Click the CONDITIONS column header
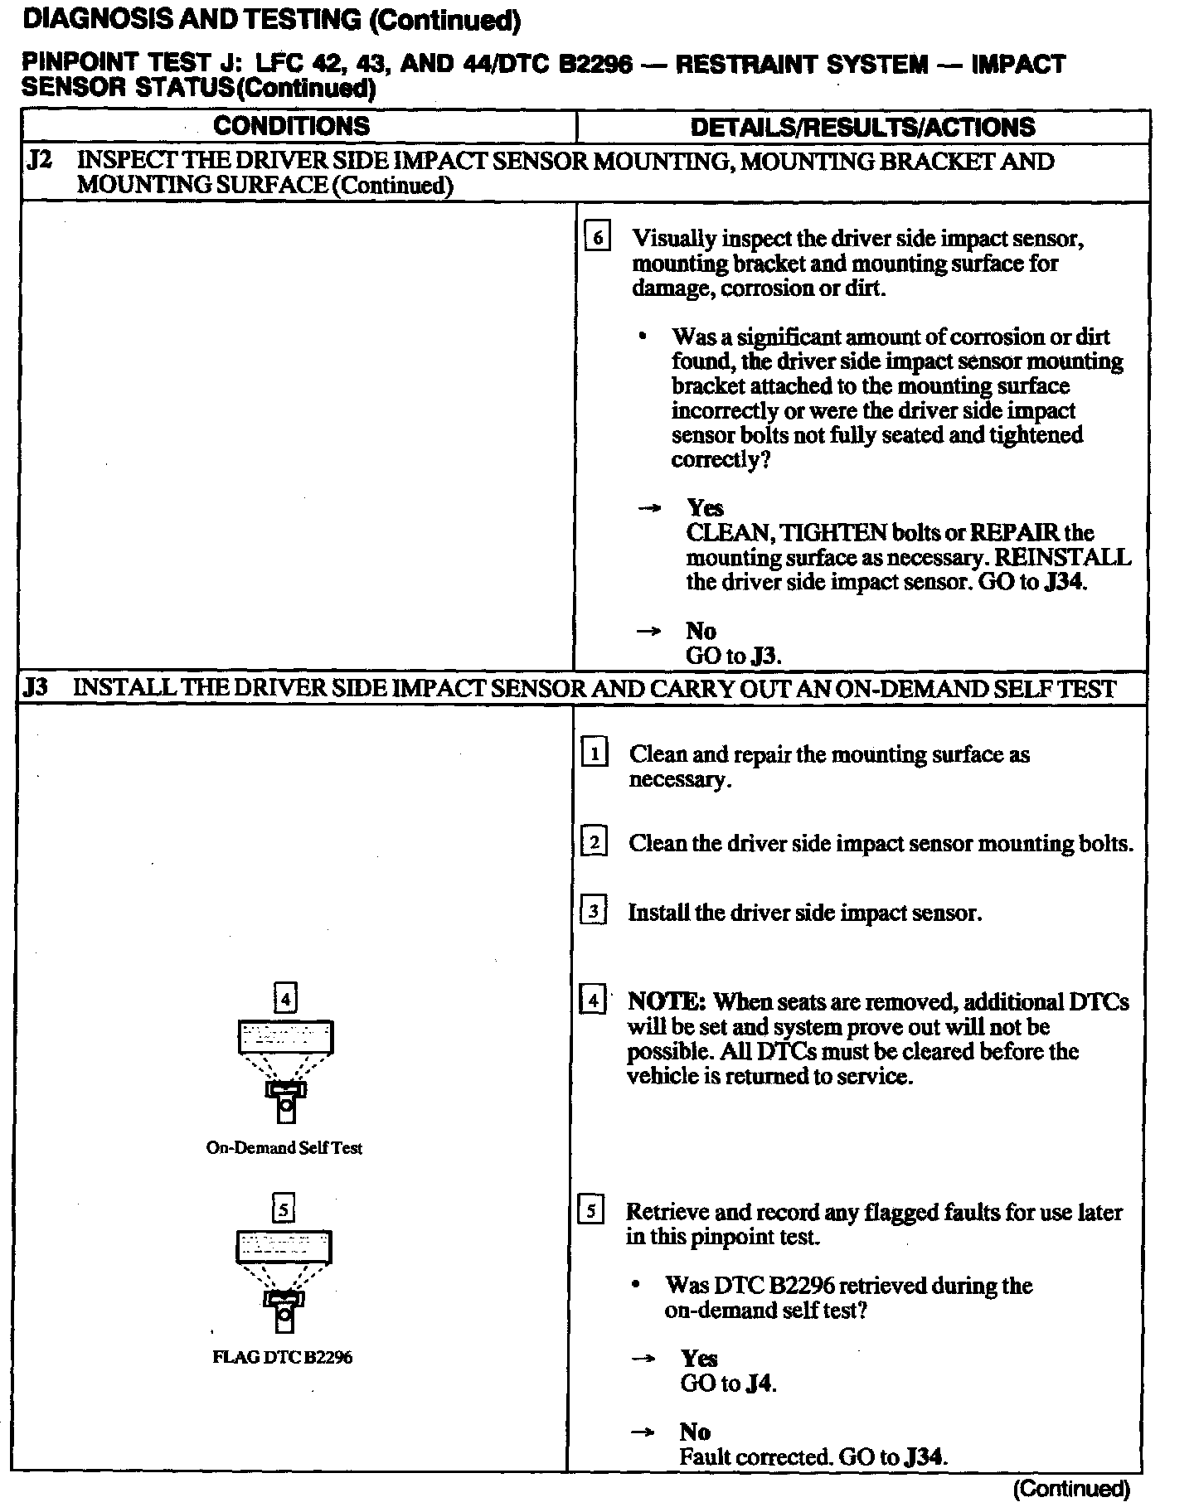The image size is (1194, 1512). tap(291, 126)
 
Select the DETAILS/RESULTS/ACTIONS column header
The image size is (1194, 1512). tap(862, 127)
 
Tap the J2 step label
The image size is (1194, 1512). tap(39, 160)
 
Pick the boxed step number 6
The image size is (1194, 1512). tap(598, 239)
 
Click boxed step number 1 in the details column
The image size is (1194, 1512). tap(595, 754)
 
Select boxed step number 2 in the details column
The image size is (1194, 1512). tap(595, 843)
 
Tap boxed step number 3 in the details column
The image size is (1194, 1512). tap(594, 912)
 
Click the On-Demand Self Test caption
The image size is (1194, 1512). tap(284, 1148)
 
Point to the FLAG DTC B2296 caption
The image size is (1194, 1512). tap(283, 1358)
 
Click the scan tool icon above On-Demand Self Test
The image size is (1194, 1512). tap(285, 1069)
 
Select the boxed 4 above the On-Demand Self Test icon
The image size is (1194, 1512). tap(284, 1000)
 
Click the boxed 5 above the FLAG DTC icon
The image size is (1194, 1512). tap(284, 1210)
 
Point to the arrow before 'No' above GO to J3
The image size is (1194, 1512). tap(648, 632)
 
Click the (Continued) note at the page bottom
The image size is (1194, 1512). tap(1070, 1490)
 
